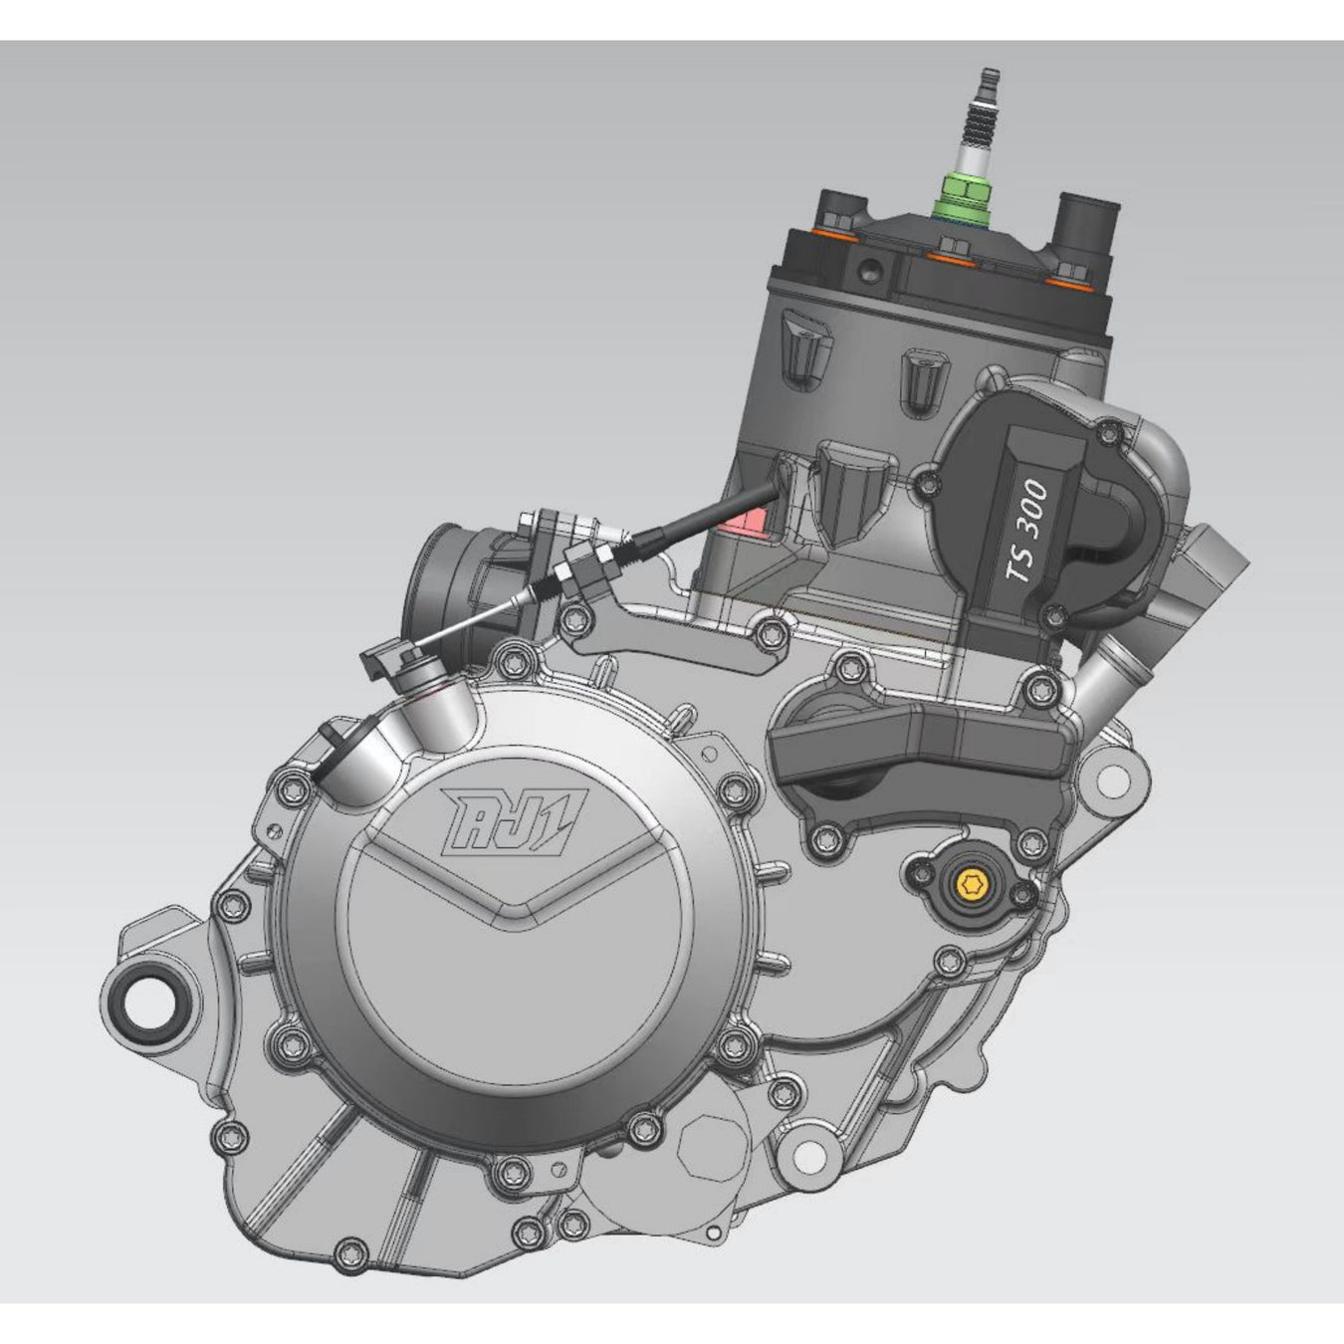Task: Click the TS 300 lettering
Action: pyautogui.click(x=1027, y=531)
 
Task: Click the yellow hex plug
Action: pyautogui.click(x=970, y=885)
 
